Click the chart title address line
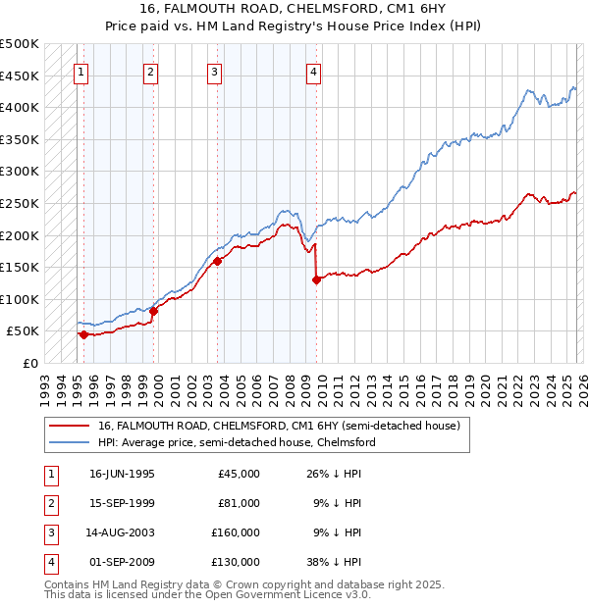tap(294, 11)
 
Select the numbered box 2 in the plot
tap(149, 71)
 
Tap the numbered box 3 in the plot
tap(214, 71)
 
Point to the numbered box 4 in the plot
tap(312, 71)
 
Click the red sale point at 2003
tap(217, 261)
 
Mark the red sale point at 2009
tap(316, 279)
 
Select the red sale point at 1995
tap(83, 334)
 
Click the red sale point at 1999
tap(153, 311)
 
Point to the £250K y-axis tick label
tap(20, 203)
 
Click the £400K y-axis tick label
tap(20, 107)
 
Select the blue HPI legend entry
tap(236, 442)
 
